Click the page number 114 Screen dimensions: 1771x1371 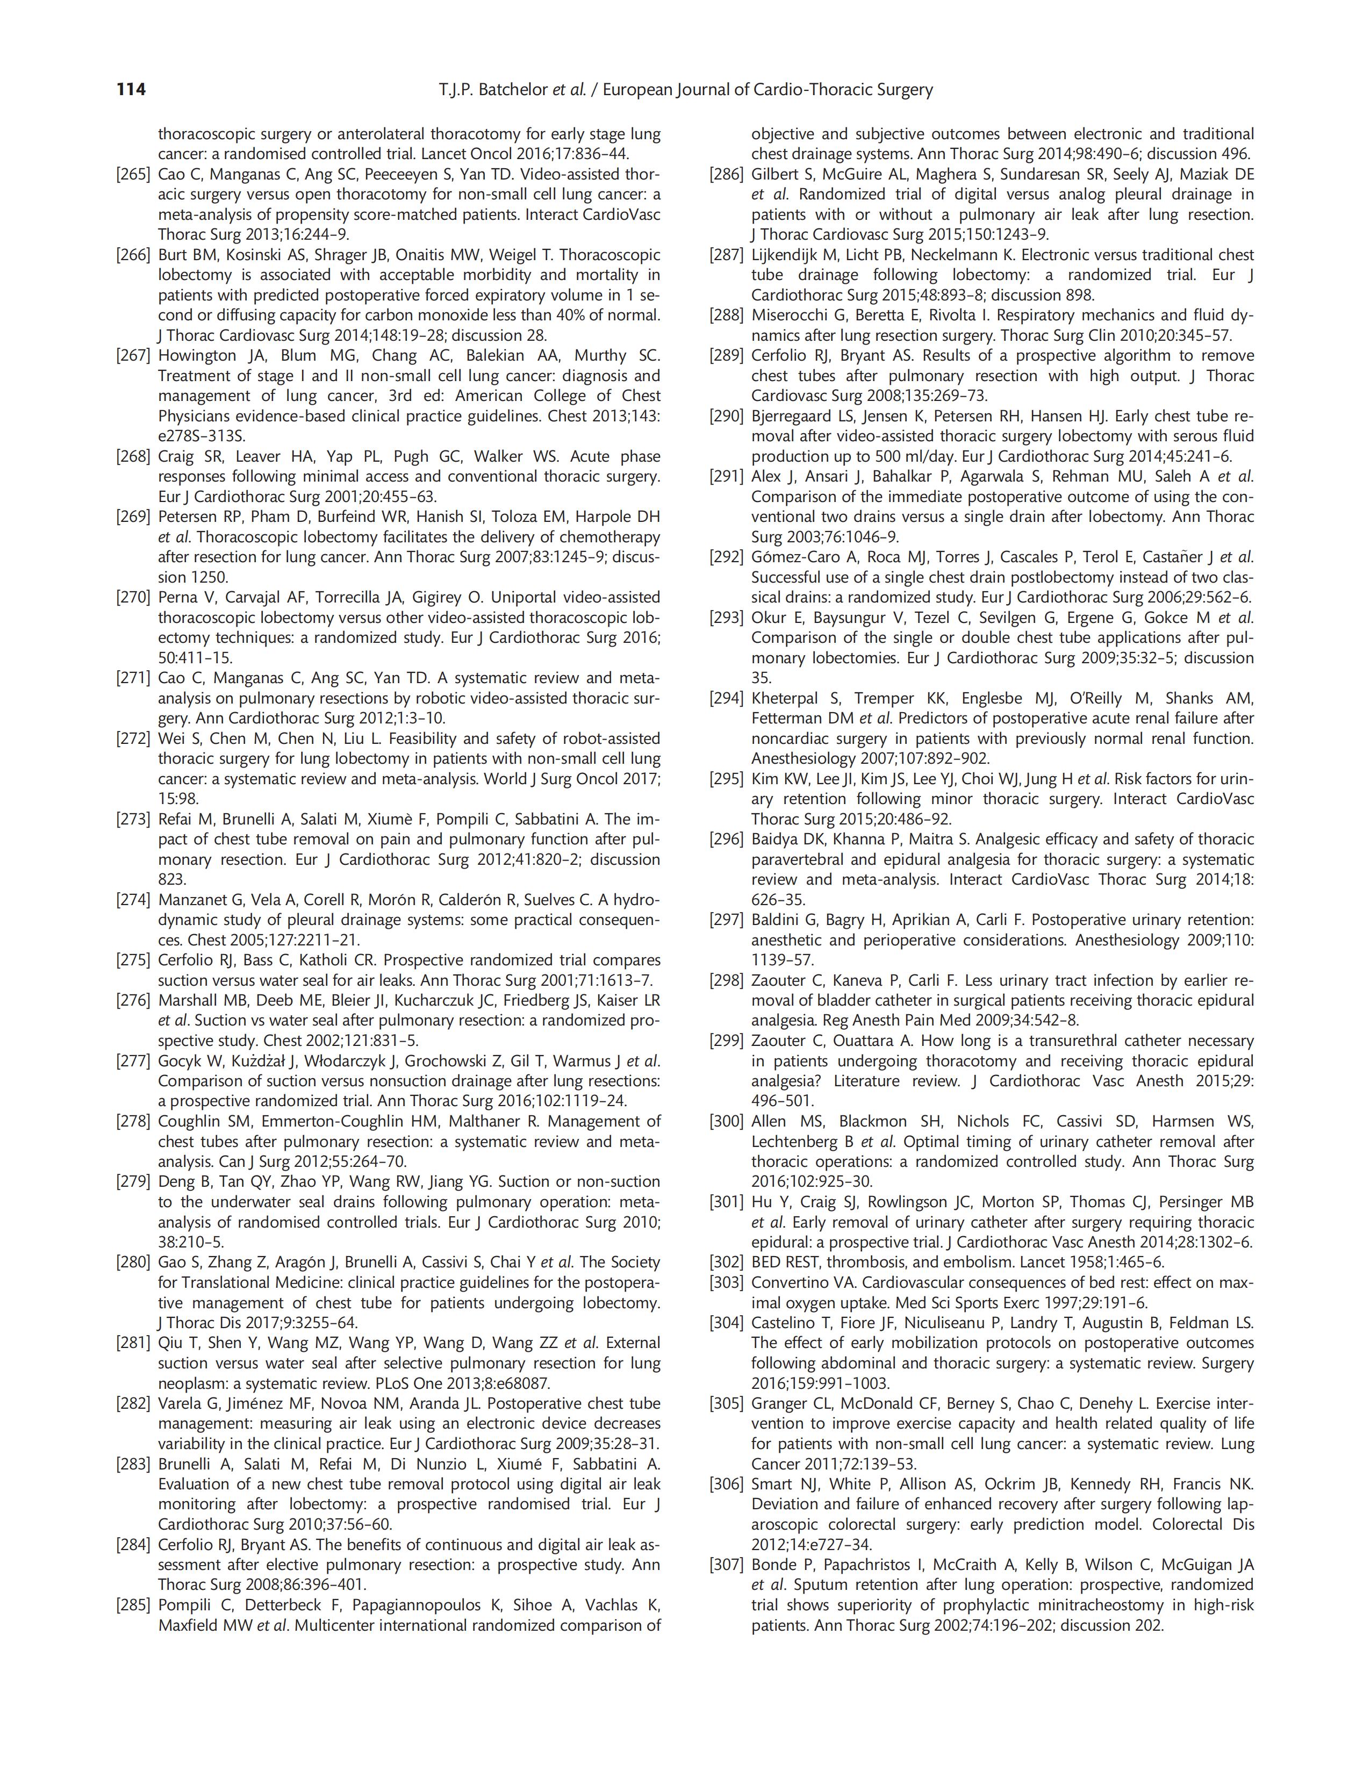click(131, 89)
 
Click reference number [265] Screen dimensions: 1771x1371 click(134, 174)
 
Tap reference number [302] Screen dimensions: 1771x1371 click(727, 1263)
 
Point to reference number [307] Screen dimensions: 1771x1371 click(727, 1565)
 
